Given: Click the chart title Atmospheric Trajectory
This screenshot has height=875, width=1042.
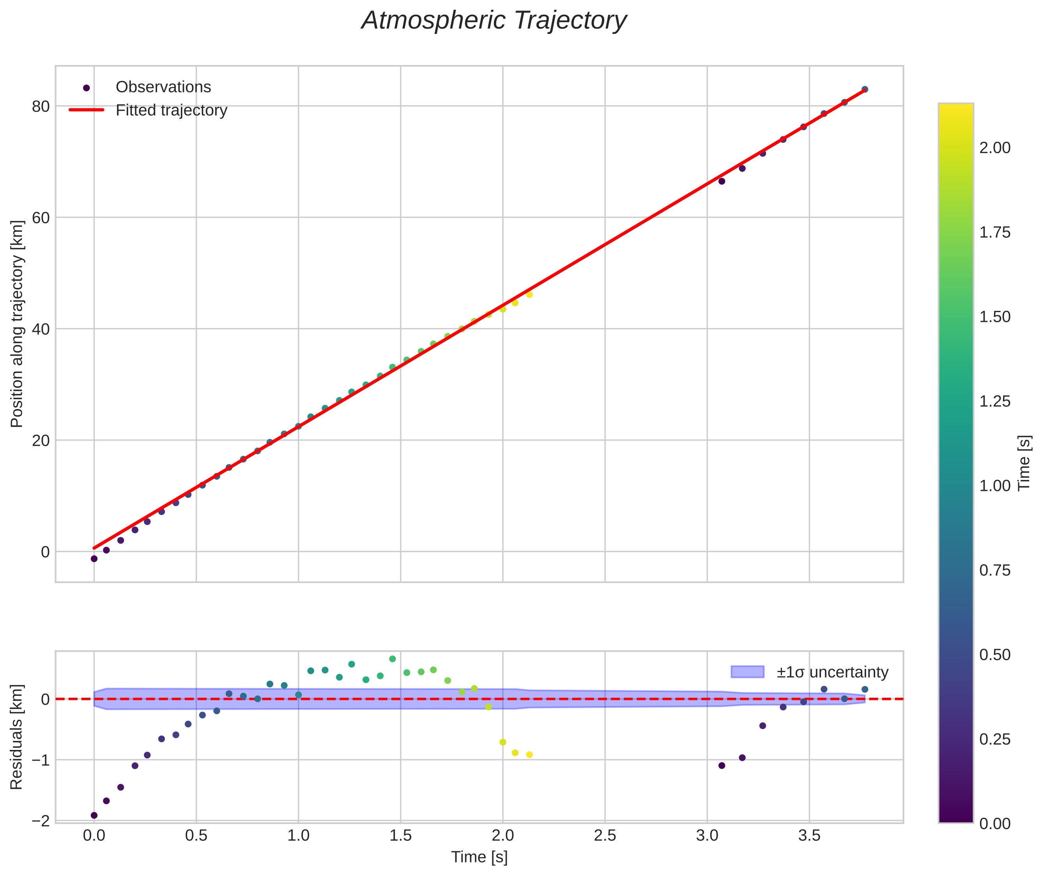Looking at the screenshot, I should [494, 21].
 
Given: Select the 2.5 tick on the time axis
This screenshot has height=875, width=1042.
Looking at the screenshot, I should [605, 836].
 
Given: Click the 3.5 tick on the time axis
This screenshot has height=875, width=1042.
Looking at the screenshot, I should [809, 836].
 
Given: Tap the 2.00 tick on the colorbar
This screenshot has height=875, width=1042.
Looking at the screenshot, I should [995, 148].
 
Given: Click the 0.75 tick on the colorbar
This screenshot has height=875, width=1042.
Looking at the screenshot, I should [995, 570].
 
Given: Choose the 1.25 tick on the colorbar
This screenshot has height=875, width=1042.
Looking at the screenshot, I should [995, 401].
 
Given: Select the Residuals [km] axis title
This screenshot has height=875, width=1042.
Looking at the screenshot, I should [17, 737].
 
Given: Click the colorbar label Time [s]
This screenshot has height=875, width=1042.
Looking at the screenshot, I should [1024, 463].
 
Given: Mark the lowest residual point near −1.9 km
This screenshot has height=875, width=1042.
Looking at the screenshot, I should [94, 815].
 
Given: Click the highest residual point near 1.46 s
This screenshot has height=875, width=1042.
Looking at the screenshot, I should [392, 659].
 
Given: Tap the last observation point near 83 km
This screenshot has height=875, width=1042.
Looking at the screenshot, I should [865, 89].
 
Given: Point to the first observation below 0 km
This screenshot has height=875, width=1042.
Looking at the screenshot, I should [94, 559].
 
